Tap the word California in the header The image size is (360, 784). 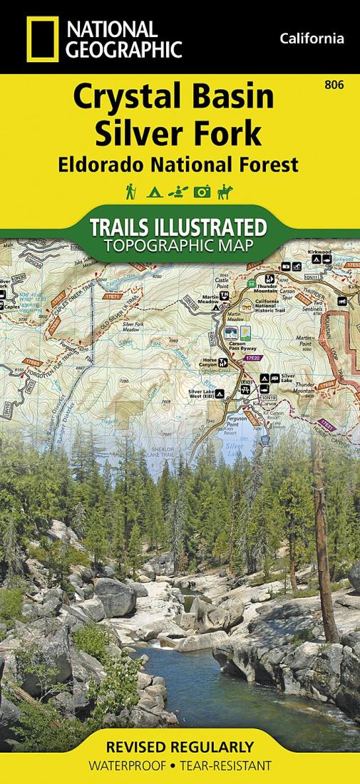pyautogui.click(x=312, y=38)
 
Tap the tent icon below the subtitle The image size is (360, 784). pyautogui.click(x=152, y=192)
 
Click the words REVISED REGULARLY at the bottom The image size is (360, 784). pyautogui.click(x=179, y=748)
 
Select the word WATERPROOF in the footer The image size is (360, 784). pyautogui.click(x=127, y=766)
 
